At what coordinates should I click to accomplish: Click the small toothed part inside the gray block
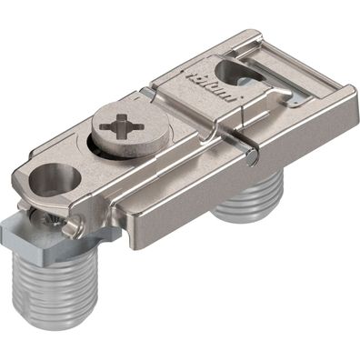[42, 224]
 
